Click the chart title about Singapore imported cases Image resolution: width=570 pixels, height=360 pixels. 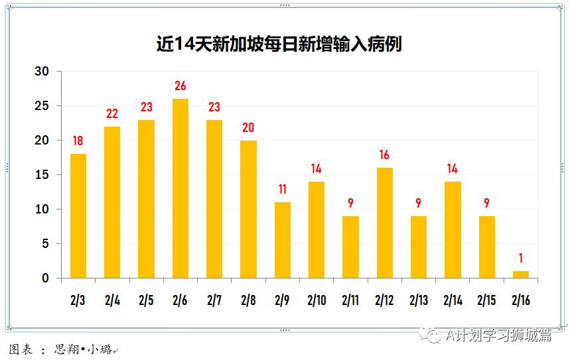[x=279, y=44]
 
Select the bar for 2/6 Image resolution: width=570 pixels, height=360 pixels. [x=180, y=188]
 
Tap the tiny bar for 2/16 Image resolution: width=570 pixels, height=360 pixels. [x=521, y=274]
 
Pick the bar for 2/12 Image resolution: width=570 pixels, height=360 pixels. [x=385, y=223]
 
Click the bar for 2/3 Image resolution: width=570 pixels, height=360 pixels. [x=78, y=216]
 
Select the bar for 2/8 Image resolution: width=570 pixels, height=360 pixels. [x=249, y=209]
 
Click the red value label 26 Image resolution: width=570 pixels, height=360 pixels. [x=180, y=86]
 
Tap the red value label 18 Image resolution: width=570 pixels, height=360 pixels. [x=78, y=141]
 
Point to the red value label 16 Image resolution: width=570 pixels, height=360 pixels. [x=385, y=155]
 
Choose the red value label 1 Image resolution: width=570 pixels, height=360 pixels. [x=521, y=259]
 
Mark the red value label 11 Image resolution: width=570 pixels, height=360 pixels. [x=283, y=190]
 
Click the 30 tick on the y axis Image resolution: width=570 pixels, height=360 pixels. [x=42, y=72]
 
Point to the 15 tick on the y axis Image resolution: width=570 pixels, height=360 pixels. [x=42, y=175]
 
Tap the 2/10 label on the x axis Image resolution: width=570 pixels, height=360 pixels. [x=317, y=300]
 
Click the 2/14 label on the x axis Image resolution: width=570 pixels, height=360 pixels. [x=453, y=300]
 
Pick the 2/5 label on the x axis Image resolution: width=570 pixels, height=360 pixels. [x=147, y=300]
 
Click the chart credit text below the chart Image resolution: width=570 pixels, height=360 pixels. [x=63, y=349]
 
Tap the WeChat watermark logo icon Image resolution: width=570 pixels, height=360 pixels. [x=433, y=335]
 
